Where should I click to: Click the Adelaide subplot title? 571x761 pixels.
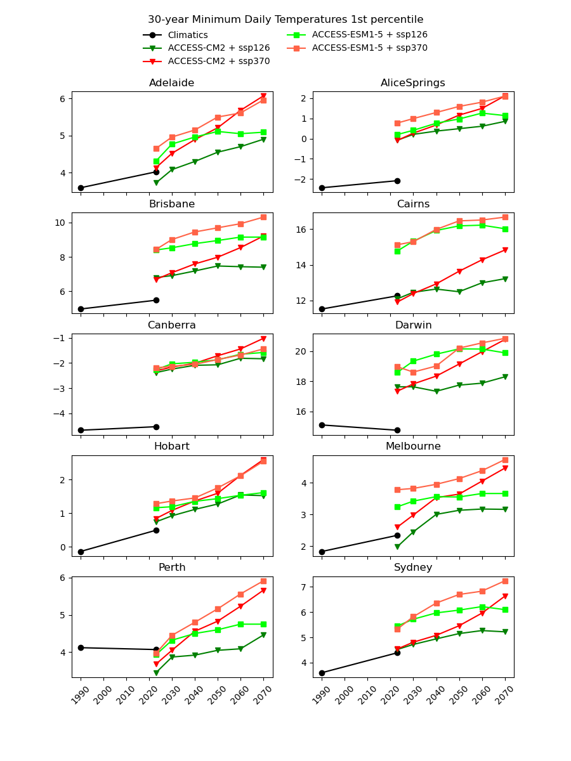172,83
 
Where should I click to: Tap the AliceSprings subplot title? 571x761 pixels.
413,83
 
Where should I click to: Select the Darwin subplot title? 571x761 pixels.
413,325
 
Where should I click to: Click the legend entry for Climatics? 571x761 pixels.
188,35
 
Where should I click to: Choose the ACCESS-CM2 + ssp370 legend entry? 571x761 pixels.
219,62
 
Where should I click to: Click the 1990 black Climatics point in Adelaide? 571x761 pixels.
81,188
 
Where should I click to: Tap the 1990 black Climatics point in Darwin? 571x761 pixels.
322,425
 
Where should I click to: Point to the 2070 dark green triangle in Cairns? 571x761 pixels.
505,279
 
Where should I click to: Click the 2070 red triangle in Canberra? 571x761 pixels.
263,339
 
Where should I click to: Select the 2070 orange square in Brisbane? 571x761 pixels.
263,217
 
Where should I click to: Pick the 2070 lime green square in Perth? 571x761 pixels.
263,624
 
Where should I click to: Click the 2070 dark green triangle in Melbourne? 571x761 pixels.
505,509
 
